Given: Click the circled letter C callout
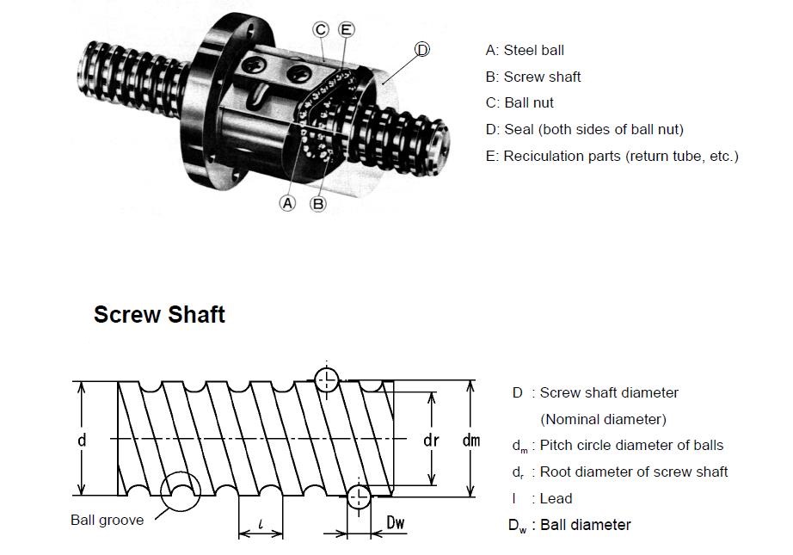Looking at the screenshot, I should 321,30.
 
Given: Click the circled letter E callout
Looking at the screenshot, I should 346,30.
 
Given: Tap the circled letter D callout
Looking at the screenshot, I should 421,49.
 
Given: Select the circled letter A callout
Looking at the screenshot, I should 288,203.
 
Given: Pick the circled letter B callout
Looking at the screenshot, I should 317,203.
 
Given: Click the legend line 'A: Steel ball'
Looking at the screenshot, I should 525,51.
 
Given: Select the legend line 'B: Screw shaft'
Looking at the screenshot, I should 533,77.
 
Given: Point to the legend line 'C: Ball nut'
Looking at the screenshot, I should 519,102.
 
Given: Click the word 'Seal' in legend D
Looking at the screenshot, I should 518,129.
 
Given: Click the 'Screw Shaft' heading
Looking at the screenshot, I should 159,315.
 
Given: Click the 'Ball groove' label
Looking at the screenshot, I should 108,520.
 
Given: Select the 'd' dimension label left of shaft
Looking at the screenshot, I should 82,440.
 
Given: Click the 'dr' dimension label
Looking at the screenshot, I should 432,440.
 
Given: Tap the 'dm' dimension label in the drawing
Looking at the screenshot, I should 470,440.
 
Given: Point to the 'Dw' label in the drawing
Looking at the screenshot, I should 396,521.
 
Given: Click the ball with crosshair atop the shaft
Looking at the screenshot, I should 327,379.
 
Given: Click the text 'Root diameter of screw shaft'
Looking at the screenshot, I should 634,472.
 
